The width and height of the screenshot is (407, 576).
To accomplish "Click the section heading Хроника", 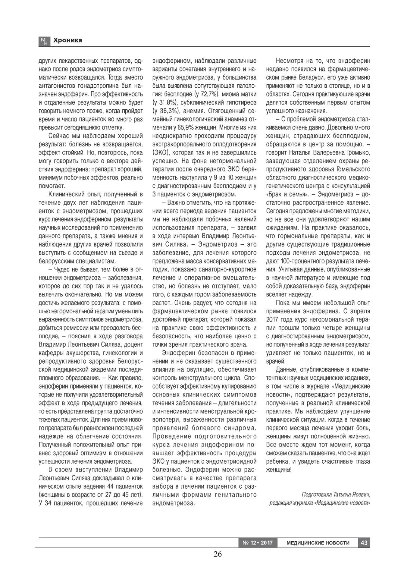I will click(67, 40).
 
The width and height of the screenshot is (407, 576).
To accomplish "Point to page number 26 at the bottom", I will click(217, 554).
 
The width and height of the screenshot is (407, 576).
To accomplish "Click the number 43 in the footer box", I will click(364, 543).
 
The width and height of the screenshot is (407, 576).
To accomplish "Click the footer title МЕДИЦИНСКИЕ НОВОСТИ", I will click(318, 543).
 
